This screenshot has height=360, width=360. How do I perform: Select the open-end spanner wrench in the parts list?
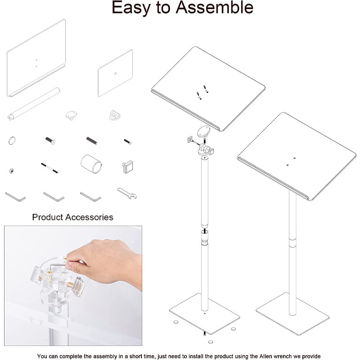tap(126, 193)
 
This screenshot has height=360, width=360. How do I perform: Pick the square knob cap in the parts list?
tap(127, 166)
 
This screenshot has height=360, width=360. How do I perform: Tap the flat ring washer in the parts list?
tap(11, 140)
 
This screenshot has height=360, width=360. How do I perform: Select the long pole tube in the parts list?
tap(33, 103)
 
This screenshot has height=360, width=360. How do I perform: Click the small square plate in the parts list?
tap(115, 73)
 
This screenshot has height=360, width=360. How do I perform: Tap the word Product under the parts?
tap(48, 217)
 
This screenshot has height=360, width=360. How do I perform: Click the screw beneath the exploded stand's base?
tap(205, 333)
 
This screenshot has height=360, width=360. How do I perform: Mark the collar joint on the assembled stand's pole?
tap(293, 243)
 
